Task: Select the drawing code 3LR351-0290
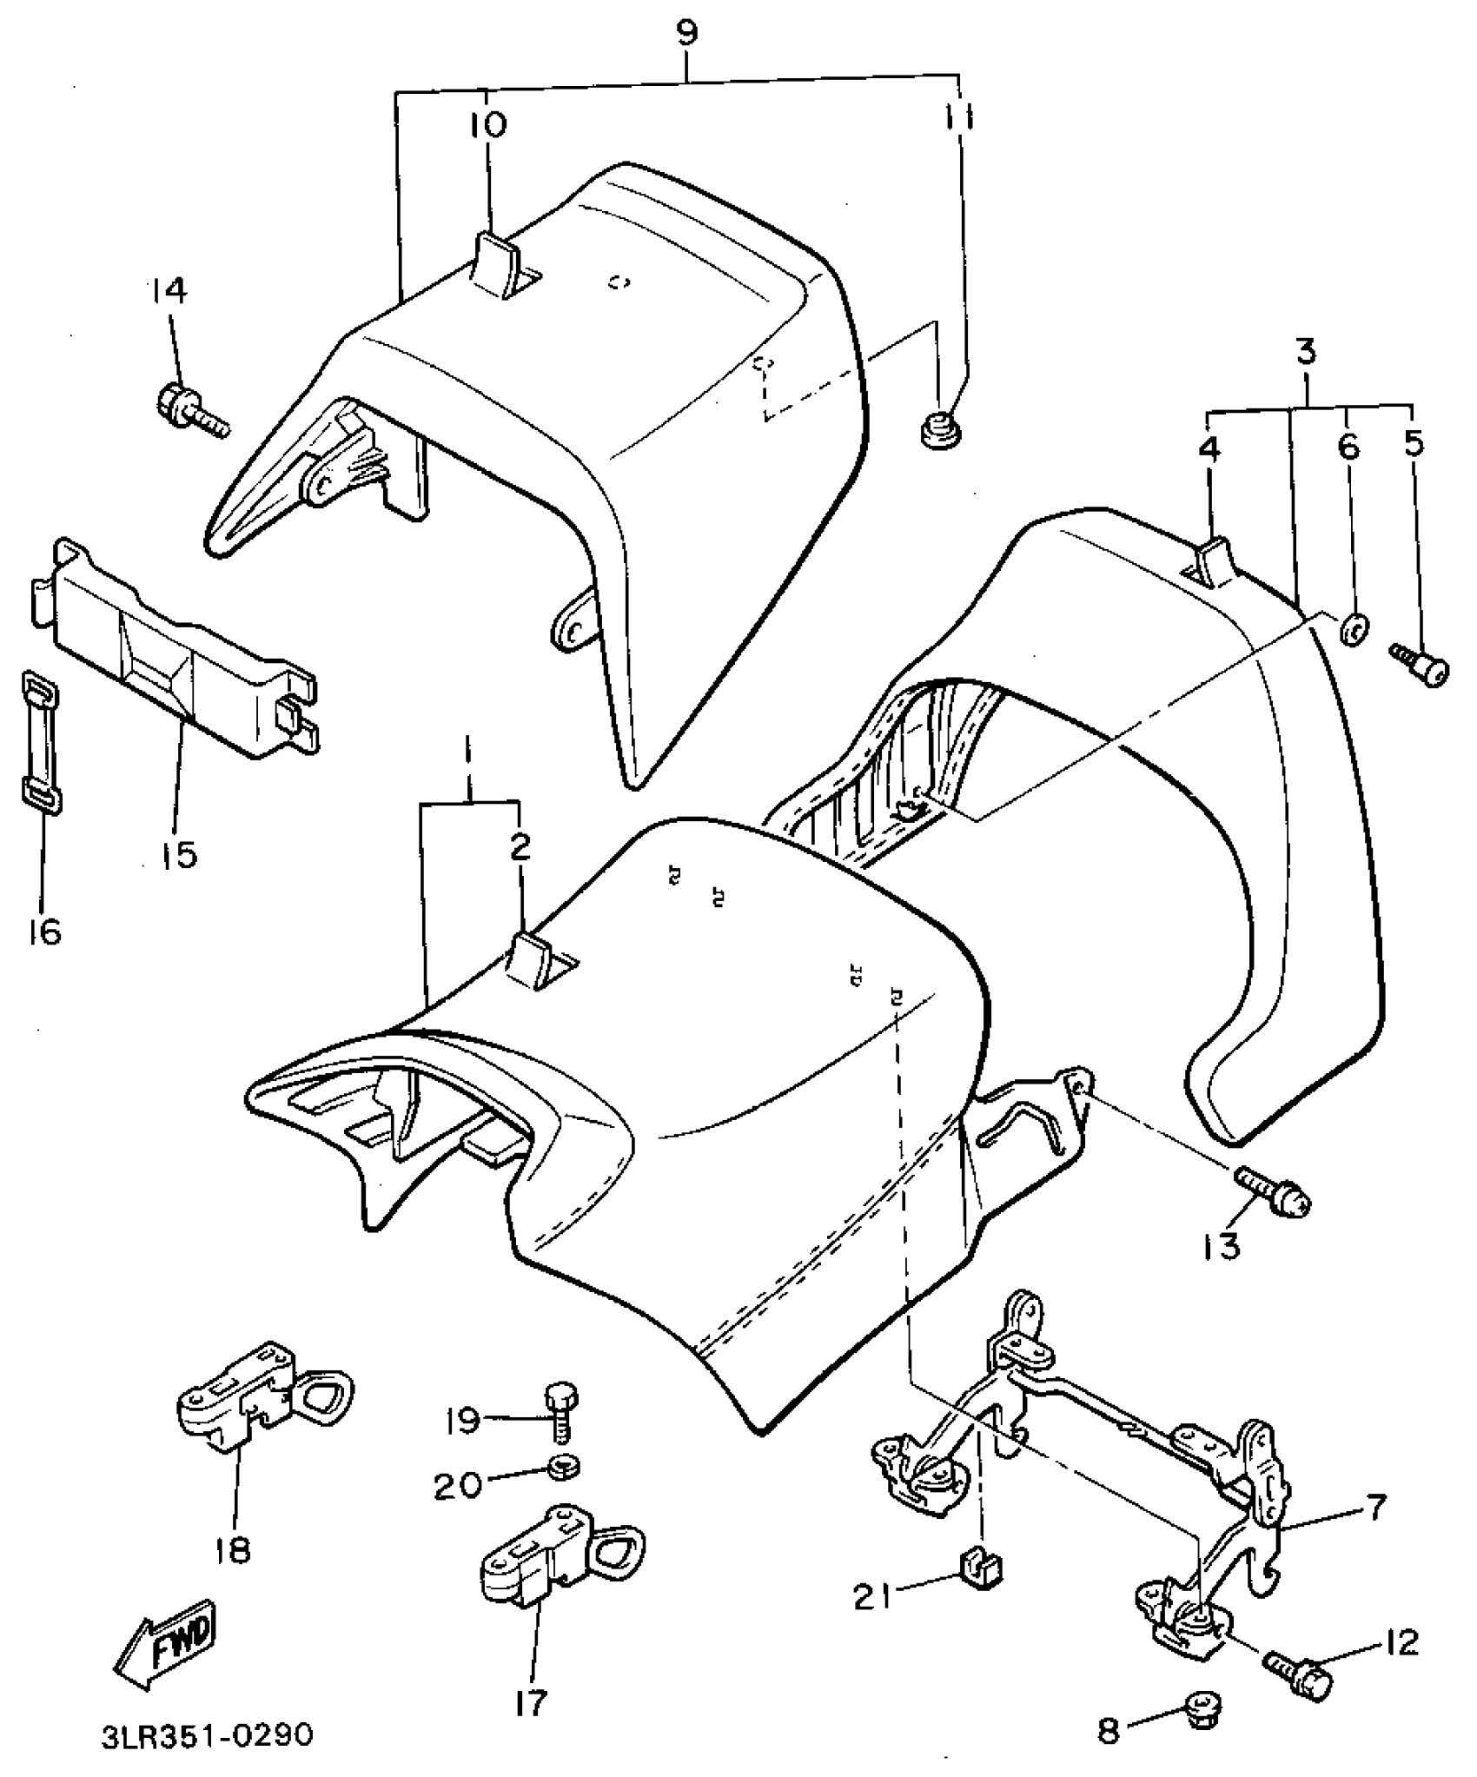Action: pos(206,1735)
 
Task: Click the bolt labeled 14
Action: pos(191,411)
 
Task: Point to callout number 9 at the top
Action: pos(686,33)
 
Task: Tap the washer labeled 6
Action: pos(1353,629)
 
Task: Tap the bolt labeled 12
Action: pos(1298,1669)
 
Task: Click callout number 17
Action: pos(529,1702)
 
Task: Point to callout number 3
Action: pos(1306,352)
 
